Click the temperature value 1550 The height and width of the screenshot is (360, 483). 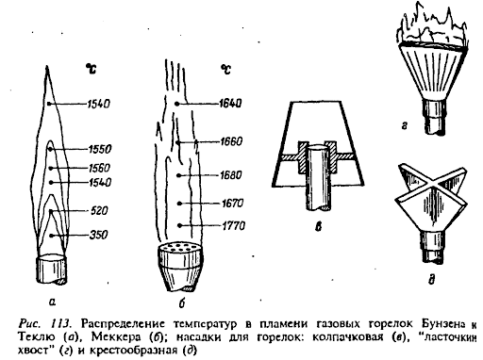(100, 149)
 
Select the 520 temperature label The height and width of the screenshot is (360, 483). (99, 210)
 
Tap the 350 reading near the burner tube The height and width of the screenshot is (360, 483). (98, 235)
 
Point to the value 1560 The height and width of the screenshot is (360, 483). (99, 168)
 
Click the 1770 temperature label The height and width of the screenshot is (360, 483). (234, 225)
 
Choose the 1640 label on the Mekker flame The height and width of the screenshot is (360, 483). (230, 103)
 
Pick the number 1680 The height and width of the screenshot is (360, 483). (231, 174)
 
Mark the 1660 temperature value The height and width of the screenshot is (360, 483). (231, 141)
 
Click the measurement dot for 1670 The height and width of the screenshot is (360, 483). (179, 204)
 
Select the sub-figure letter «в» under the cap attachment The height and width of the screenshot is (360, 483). (319, 226)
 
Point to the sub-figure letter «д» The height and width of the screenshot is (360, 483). (431, 279)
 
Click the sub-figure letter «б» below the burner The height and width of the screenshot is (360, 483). (181, 303)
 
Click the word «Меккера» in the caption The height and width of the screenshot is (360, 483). (116, 336)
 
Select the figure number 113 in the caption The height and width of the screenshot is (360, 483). (59, 323)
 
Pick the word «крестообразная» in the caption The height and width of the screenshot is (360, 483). (133, 350)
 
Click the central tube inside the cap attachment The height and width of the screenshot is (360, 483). (318, 177)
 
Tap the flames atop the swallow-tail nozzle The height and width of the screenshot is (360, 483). (433, 25)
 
